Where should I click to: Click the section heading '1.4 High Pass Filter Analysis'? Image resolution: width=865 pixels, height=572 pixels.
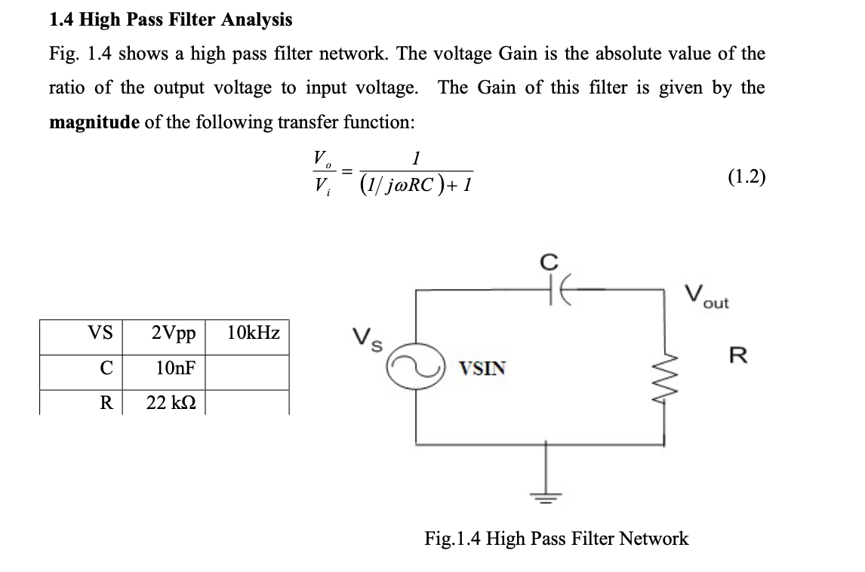coord(171,19)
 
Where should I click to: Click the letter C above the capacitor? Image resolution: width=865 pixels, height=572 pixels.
coord(551,262)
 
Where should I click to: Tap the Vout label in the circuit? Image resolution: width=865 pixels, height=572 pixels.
coord(706,296)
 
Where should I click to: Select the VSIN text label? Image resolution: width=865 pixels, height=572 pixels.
coord(483,369)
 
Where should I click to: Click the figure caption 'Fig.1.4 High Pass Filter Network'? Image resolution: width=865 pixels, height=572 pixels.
coord(556,538)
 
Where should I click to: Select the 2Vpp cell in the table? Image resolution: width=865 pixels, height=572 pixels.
coord(173,333)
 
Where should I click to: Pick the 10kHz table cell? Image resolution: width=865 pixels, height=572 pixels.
coord(253,333)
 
